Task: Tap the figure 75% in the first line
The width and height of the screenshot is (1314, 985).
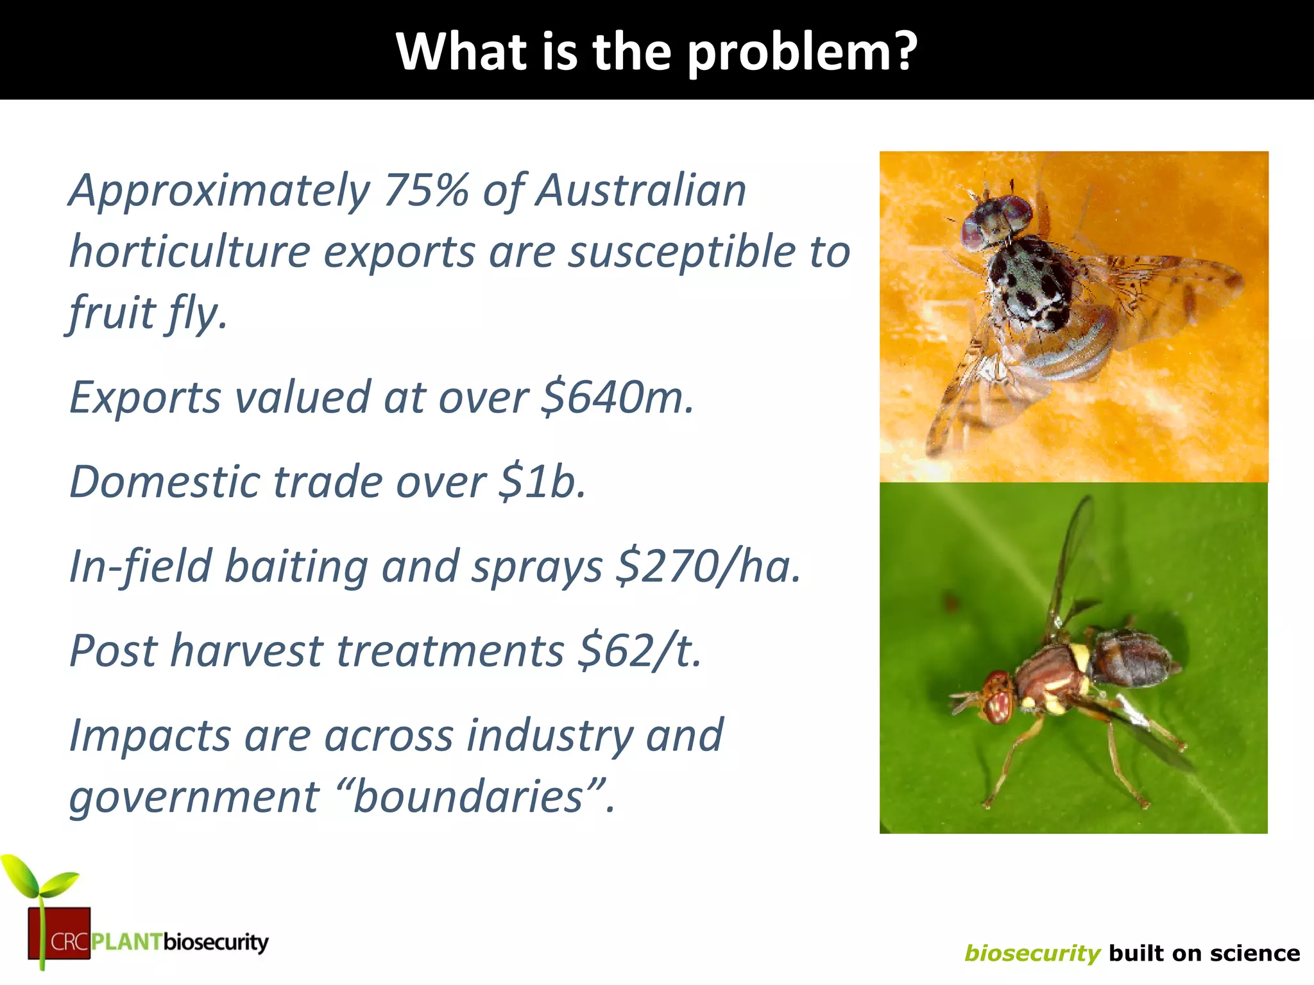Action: (x=426, y=190)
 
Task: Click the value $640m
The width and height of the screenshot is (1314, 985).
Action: (x=617, y=398)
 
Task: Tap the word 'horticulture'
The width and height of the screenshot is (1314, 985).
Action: (x=190, y=251)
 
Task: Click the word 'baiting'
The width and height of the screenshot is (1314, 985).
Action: (x=296, y=566)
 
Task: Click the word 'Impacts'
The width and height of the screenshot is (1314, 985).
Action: (x=149, y=736)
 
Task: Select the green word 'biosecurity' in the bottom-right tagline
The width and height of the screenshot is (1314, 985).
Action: (x=1032, y=953)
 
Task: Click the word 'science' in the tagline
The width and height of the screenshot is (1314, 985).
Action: (x=1259, y=953)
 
